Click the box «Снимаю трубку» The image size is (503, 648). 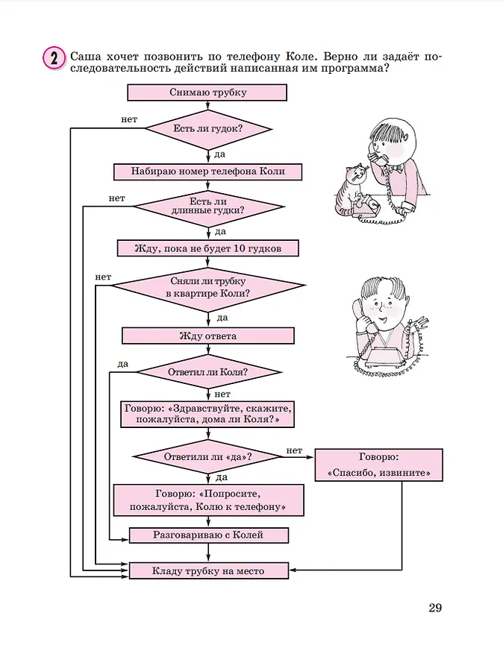tap(207, 92)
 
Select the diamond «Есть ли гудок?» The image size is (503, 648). tap(207, 129)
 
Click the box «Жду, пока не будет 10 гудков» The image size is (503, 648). tap(207, 248)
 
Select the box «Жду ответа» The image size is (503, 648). tap(207, 336)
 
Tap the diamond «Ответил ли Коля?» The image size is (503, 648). tap(207, 371)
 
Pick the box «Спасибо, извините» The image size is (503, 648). tap(379, 465)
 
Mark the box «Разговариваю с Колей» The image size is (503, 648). tap(207, 535)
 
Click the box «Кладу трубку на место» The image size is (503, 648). tap(207, 571)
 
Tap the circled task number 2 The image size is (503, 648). tap(52, 58)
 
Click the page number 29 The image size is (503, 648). tap(435, 608)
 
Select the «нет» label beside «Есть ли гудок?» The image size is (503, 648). tap(128, 119)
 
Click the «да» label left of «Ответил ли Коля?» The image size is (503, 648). tap(122, 363)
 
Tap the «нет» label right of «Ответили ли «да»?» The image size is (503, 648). tap(294, 450)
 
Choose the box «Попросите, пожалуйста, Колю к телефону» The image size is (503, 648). tap(209, 500)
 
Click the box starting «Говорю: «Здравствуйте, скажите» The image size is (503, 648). tap(207, 414)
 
